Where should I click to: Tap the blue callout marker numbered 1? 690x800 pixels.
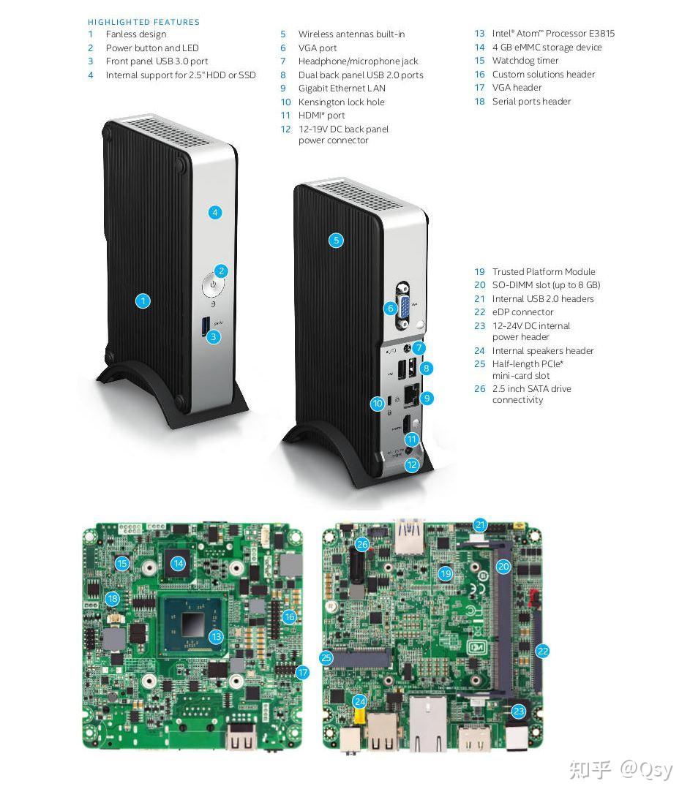pos(143,301)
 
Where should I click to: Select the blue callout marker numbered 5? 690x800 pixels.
pos(336,241)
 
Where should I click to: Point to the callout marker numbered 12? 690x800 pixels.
pos(412,464)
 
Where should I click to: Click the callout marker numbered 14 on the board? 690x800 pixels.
pos(178,563)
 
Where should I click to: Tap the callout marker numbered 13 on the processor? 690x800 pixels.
pos(217,636)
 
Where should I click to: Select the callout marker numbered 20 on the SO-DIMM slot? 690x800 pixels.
pos(503,566)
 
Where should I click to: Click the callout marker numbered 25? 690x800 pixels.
pos(326,657)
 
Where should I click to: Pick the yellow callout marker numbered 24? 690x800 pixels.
pos(360,701)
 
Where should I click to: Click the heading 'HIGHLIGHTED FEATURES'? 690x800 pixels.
pos(143,22)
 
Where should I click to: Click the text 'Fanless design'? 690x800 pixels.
pos(136,34)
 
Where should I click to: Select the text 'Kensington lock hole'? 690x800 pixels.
pos(342,102)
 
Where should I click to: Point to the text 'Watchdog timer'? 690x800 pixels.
pos(525,60)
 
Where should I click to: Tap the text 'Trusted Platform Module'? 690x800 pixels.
pos(544,271)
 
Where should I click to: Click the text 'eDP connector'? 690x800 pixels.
pos(522,312)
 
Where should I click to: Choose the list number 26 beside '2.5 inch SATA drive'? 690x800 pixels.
pos(480,389)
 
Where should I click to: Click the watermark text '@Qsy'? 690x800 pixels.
pos(647,769)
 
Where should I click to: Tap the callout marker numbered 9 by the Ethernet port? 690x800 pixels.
pos(426,398)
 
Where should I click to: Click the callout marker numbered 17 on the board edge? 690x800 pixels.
pos(303,673)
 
